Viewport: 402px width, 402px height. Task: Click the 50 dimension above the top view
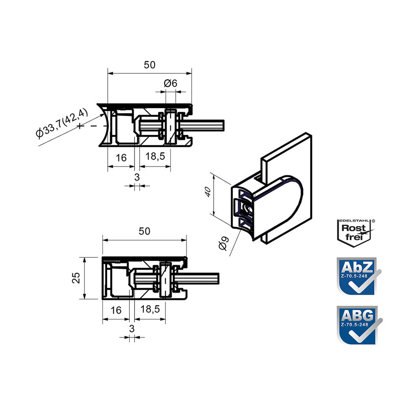(x=149, y=65)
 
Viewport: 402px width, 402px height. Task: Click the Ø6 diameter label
(x=170, y=83)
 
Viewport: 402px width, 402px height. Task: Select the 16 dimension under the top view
(x=121, y=158)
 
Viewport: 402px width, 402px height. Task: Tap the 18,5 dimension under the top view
(x=155, y=156)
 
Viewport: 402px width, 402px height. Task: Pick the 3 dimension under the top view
(x=137, y=177)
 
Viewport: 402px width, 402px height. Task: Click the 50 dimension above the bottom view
(x=144, y=231)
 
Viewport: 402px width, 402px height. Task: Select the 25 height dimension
(x=76, y=278)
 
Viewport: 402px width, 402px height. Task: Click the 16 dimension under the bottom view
(x=116, y=310)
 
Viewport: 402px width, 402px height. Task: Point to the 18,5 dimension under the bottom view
(x=150, y=309)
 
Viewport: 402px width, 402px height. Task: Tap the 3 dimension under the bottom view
(x=132, y=328)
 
